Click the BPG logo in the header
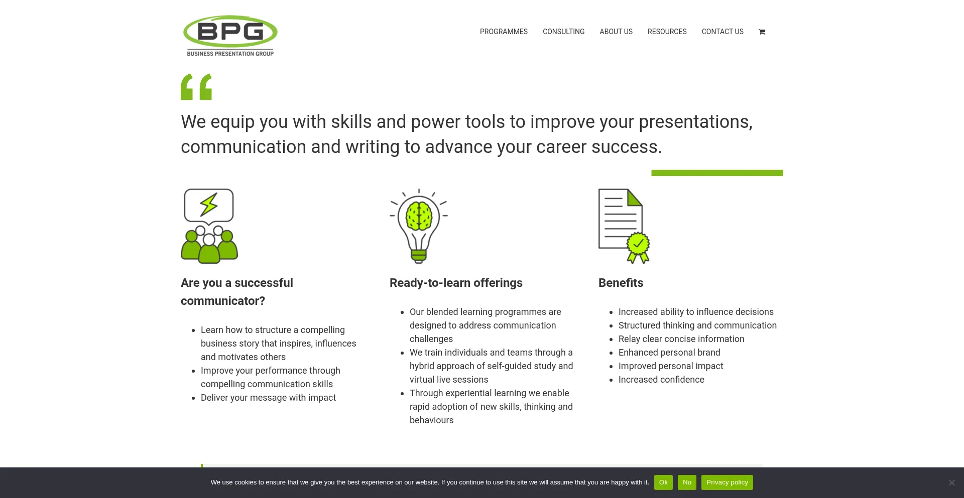tap(230, 36)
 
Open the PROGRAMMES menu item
tap(504, 32)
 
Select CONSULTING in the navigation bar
tap(563, 32)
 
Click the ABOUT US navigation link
tap(616, 32)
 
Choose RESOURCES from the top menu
tap(667, 32)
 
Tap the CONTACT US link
tap(722, 32)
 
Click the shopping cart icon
tap(762, 32)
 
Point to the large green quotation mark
tap(196, 87)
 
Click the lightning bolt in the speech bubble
tap(209, 204)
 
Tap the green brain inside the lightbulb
tap(419, 216)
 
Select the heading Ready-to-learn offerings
tap(456, 283)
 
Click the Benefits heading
tap(621, 283)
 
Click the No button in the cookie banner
tap(687, 482)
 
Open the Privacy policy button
tap(727, 482)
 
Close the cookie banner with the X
tap(951, 482)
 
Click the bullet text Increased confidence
tap(661, 380)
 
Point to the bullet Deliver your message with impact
tap(268, 398)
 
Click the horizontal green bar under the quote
tap(717, 173)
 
